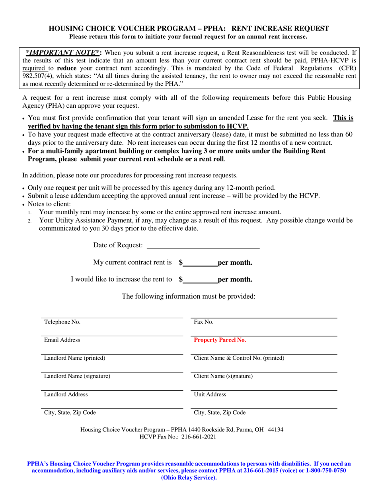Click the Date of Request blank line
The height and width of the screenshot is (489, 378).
coord(203,246)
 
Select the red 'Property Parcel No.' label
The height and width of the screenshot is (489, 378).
coord(220,340)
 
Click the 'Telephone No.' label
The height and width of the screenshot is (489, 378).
coord(62,322)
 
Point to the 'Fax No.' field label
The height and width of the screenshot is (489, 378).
coord(204,322)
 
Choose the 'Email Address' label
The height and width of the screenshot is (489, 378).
coord(62,340)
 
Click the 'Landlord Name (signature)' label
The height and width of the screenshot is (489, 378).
coord(77,376)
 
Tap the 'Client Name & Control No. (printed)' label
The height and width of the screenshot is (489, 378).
coord(239,358)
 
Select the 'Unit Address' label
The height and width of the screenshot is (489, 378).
coord(210,394)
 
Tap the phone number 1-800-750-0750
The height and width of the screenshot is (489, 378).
coord(326,470)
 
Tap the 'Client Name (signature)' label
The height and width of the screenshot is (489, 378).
coord(223,376)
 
